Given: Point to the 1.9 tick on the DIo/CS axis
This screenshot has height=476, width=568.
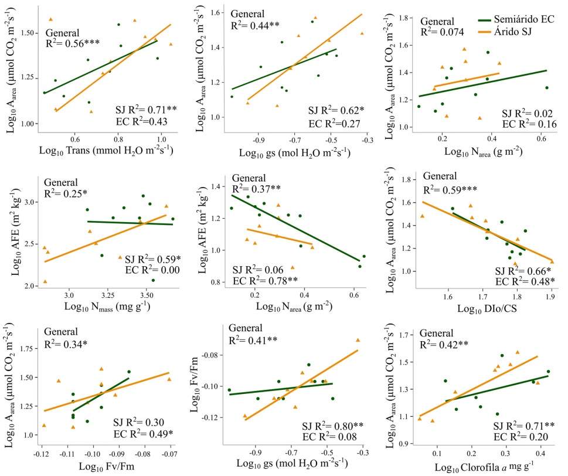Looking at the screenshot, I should [551, 297].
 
